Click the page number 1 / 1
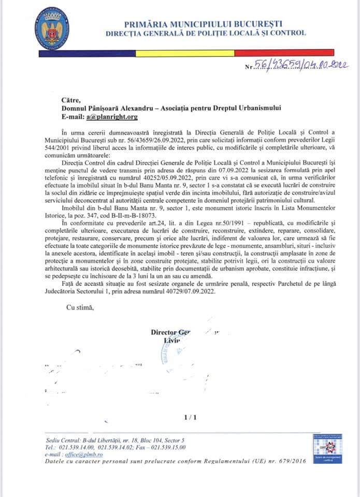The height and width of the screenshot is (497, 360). coord(191,417)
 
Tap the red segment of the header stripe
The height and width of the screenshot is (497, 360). coord(291,52)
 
